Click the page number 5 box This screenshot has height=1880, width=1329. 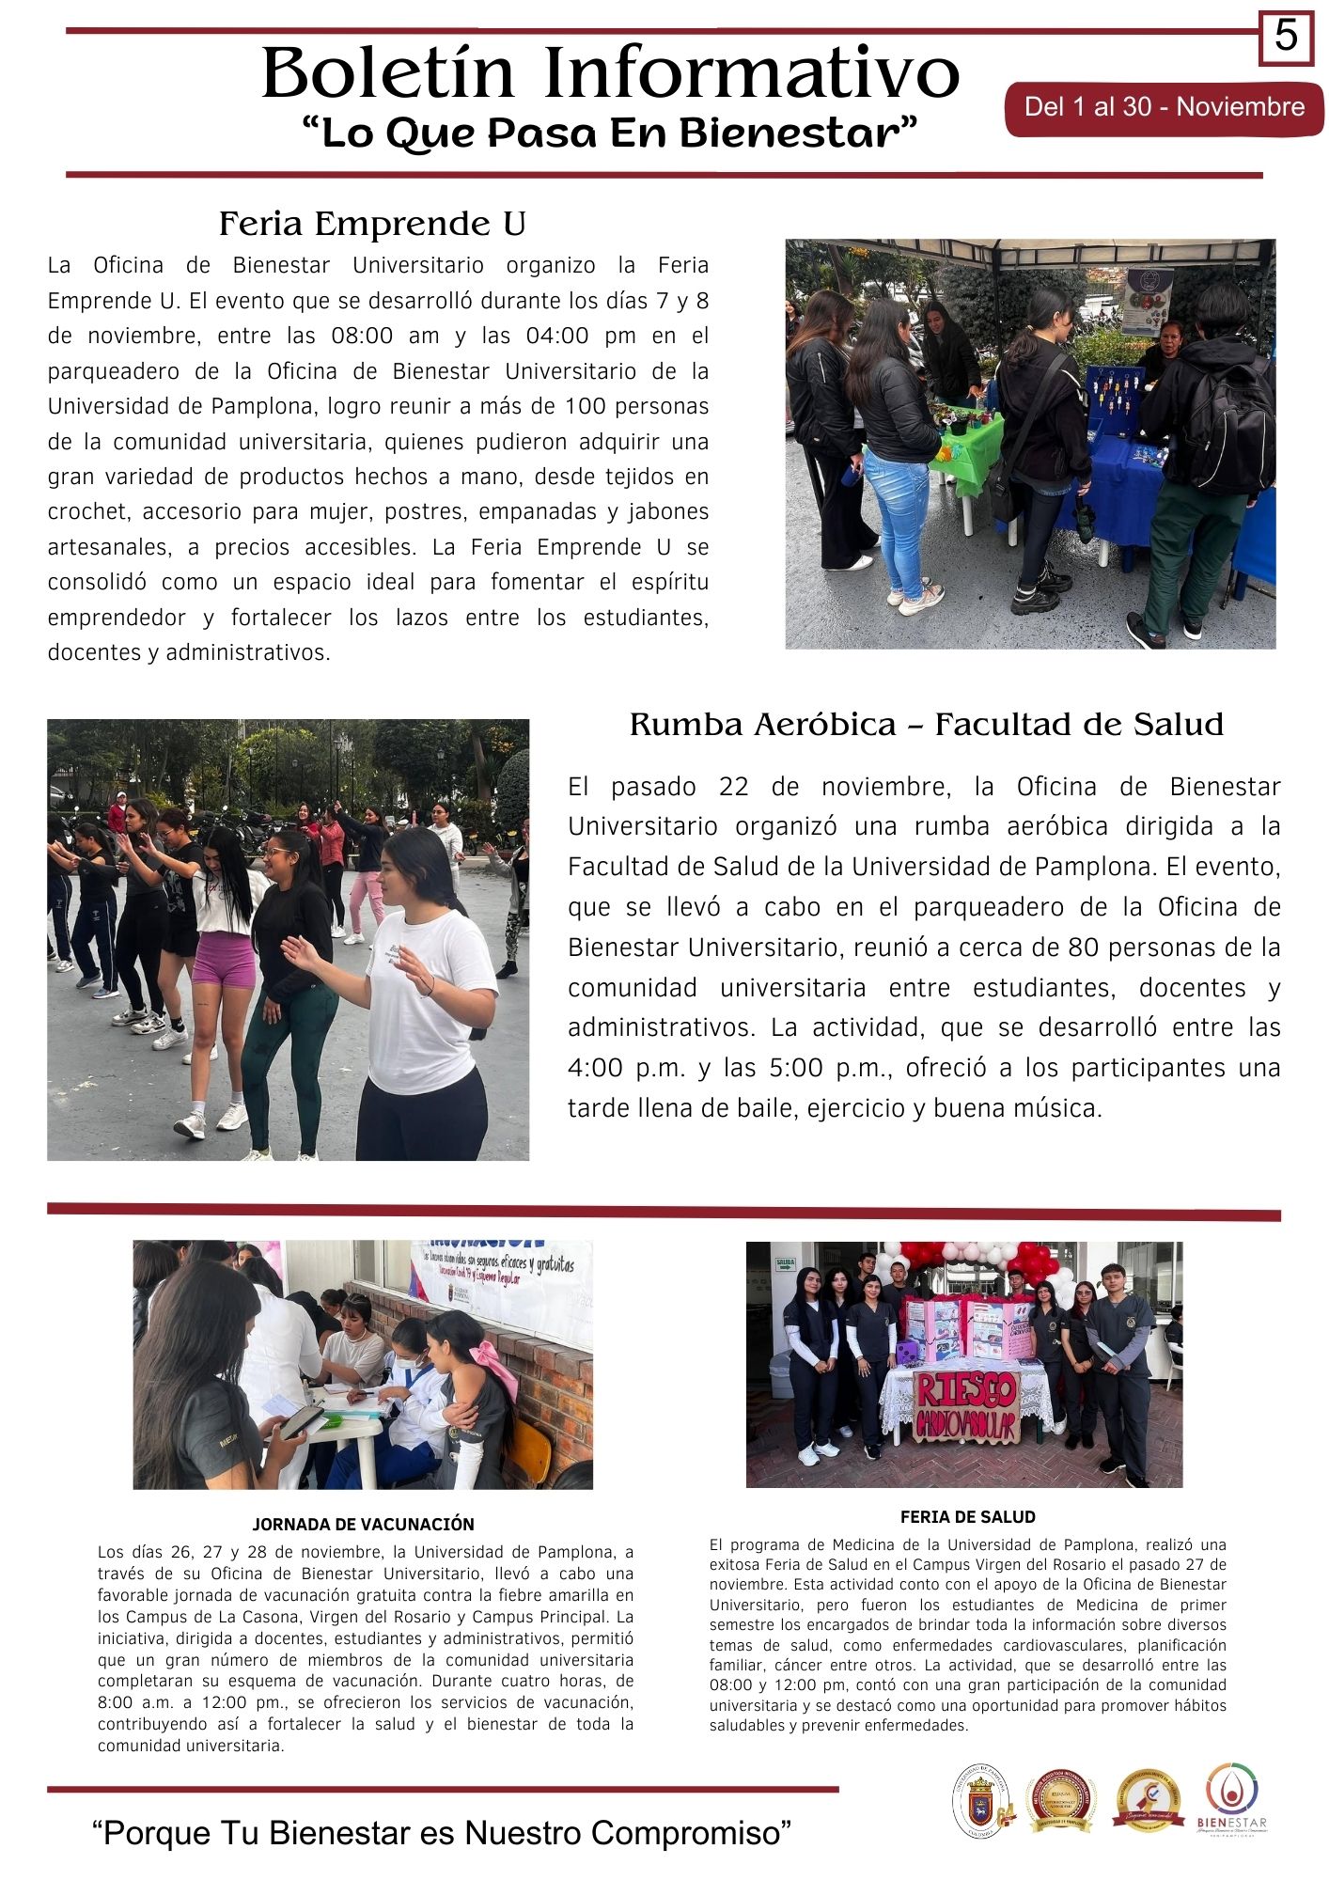coord(1286,38)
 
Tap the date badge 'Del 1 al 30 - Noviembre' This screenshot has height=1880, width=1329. coord(1164,107)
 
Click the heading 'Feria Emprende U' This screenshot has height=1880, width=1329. coord(372,224)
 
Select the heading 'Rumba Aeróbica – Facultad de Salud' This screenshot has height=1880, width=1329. coord(926,725)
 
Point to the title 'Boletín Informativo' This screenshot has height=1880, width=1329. coord(610,73)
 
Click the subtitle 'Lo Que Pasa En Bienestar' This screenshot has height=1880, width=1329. coord(609,133)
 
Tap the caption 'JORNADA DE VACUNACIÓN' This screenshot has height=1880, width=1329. coord(363,1524)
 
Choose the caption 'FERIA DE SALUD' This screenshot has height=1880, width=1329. coord(967,1516)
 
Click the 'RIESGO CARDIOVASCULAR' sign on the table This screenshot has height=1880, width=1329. coord(966,1407)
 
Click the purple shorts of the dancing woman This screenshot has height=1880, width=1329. coord(224,960)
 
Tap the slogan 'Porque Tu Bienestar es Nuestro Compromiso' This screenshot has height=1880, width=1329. coord(442,1832)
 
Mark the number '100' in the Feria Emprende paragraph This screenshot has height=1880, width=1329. coord(586,407)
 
